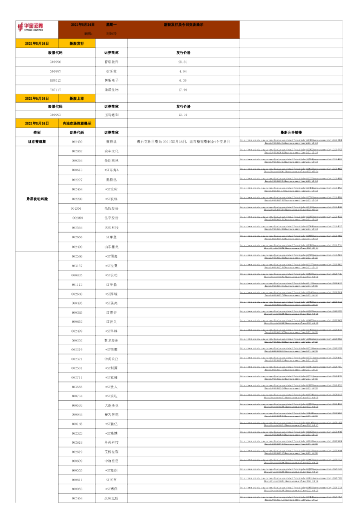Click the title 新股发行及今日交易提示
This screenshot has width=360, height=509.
pyautogui.click(x=183, y=24)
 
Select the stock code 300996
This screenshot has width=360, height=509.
pyautogui.click(x=56, y=62)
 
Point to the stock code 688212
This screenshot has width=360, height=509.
pyautogui.click(x=56, y=80)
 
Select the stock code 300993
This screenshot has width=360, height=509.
pyautogui.click(x=56, y=114)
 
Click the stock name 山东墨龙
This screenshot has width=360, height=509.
pyautogui.click(x=111, y=247)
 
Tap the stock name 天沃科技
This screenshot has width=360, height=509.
pyautogui.click(x=111, y=227)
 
